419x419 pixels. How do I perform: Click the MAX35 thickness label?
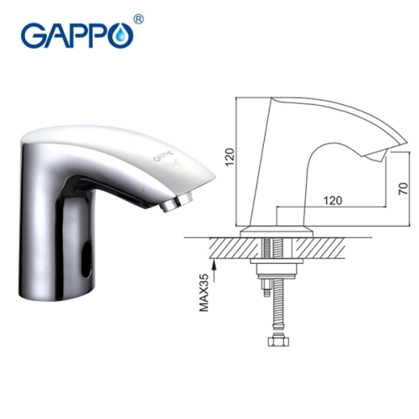pos(204,292)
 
